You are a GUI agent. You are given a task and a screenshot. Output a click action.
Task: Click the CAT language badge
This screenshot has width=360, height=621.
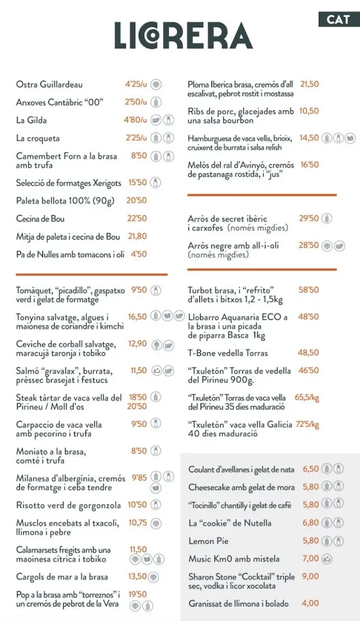[x=338, y=19]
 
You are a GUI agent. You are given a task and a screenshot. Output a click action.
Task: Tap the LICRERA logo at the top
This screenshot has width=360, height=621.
[x=184, y=36]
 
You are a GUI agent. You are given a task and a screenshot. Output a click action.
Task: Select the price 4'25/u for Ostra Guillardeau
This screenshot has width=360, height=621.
[x=136, y=84]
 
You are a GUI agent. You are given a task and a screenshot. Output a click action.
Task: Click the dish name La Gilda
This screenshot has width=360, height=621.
[x=32, y=120]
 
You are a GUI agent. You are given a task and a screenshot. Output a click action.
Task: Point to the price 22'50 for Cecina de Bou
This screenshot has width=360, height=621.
[x=136, y=218]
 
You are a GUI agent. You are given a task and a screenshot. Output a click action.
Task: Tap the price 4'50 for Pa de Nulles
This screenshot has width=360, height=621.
[x=138, y=254]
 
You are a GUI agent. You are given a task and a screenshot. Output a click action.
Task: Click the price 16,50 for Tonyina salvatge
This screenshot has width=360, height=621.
[x=137, y=317]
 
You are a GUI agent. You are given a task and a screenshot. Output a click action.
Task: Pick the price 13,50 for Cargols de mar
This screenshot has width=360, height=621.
[x=137, y=577]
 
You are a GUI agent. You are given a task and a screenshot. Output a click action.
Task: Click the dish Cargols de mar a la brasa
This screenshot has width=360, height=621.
[x=62, y=577]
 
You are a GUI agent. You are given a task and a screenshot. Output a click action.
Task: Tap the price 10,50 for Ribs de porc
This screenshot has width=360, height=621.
[x=309, y=111]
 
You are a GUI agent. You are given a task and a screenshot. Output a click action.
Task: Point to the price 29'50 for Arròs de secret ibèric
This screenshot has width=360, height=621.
[x=308, y=218]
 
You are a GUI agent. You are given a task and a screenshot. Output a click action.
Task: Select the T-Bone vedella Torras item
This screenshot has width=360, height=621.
[x=228, y=353]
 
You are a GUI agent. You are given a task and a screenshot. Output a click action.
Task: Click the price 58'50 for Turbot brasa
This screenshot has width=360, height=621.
[x=308, y=290]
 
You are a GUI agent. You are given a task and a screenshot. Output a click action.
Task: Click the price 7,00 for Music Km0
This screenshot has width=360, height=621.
[x=310, y=559]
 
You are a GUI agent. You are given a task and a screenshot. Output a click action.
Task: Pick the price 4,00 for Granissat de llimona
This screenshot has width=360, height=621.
[x=310, y=603]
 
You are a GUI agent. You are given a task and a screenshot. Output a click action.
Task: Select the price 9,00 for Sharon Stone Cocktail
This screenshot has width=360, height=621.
[x=310, y=577]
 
